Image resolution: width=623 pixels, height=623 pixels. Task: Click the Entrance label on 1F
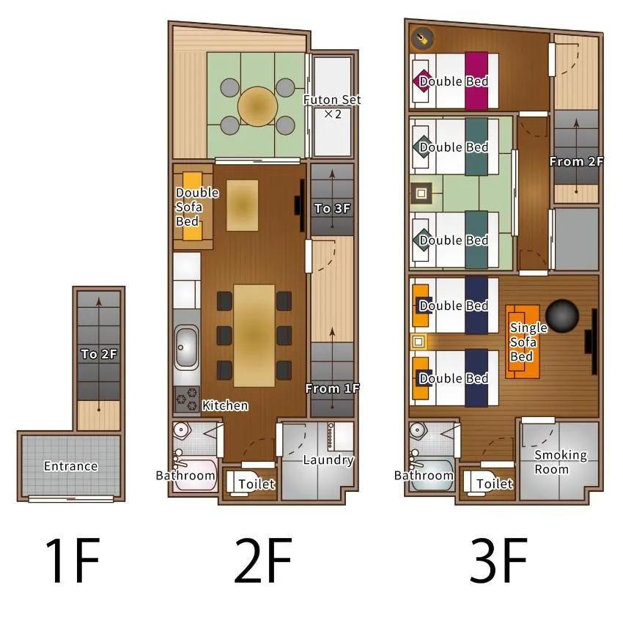coord(70,465)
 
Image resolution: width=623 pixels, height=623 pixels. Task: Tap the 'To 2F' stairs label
coord(99,353)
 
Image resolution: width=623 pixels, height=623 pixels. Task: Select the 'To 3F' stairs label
coord(332,208)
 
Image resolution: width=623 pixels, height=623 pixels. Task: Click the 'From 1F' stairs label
coord(333,388)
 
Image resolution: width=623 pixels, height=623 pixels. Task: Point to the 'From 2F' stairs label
coord(576,161)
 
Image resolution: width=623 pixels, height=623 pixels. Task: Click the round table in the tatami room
coord(257,106)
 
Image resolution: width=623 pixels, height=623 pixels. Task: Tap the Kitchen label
coord(225,405)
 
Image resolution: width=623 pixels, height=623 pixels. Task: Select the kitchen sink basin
coord(186,347)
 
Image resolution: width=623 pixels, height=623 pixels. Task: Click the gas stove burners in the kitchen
coord(187,399)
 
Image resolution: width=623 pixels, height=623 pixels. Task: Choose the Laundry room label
coord(328,460)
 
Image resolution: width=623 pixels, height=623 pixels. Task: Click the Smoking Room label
coord(560,462)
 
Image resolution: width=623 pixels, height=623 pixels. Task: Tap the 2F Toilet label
coord(257,484)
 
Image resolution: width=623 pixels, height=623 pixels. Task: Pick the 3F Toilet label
coord(495,484)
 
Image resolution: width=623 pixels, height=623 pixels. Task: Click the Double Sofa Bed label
coord(197,207)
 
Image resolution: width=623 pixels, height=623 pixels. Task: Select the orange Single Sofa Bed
coord(523,342)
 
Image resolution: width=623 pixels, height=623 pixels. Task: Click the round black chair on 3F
coord(562,316)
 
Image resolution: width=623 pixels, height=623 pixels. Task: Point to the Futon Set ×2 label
coord(332,106)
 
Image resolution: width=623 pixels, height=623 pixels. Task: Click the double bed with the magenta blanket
coord(454,81)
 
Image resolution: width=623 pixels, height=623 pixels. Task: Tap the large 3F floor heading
coord(498,560)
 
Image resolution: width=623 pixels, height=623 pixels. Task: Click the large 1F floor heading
coord(73,560)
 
